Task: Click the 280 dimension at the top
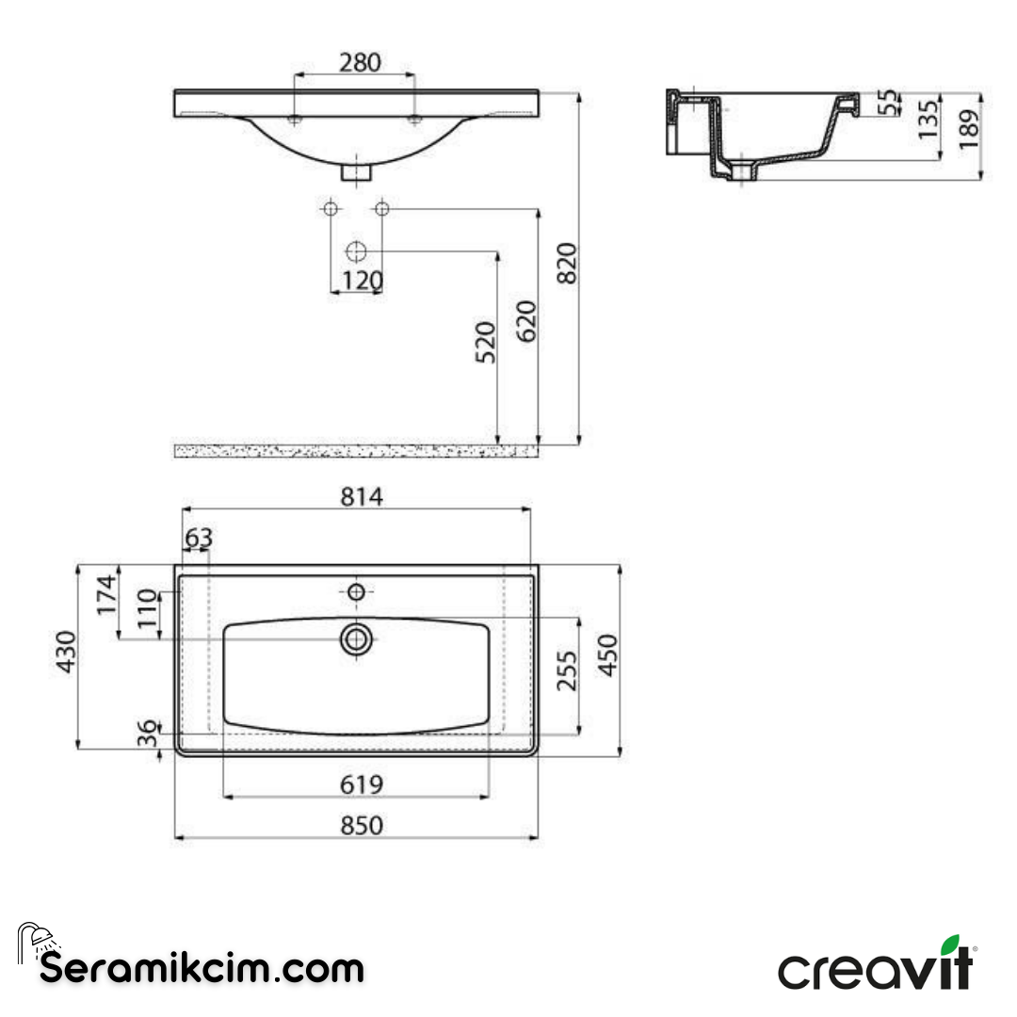tap(360, 62)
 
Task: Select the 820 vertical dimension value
tap(566, 264)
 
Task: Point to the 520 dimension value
tap(484, 343)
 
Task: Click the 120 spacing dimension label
tap(362, 281)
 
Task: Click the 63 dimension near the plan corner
tap(199, 539)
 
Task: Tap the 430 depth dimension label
tap(65, 653)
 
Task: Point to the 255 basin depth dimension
tap(567, 670)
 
